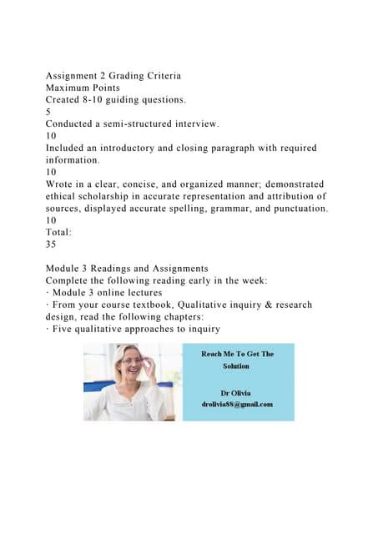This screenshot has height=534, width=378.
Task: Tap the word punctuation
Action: tap(296, 208)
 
